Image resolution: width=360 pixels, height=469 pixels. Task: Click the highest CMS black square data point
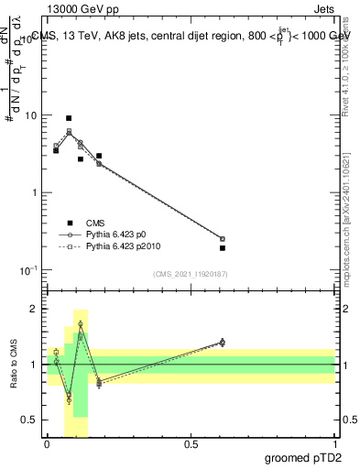(69, 118)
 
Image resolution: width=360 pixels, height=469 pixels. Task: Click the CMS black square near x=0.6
(223, 247)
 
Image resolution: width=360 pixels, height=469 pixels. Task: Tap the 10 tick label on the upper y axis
(30, 115)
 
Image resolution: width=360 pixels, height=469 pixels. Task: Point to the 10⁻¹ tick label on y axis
(27, 270)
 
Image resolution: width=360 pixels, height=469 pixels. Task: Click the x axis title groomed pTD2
(303, 459)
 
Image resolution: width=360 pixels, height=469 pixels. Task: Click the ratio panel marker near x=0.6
(223, 342)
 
